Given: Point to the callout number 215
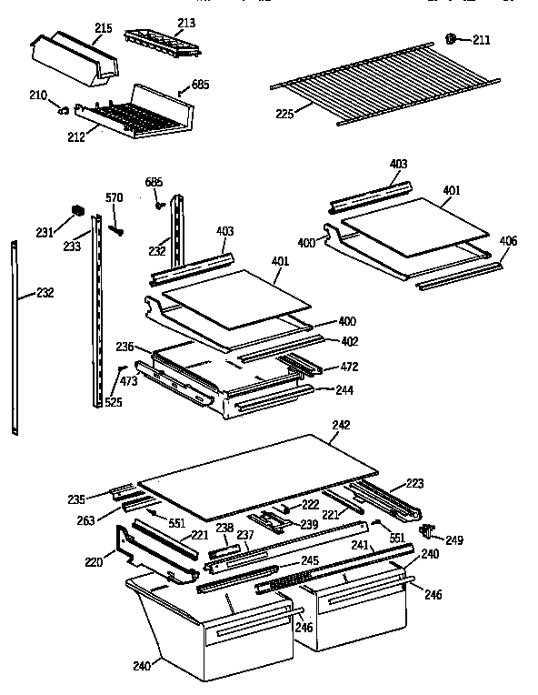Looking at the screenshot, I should tap(103, 29).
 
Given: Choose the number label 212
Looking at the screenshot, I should tap(75, 138).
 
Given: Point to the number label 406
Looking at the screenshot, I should tap(508, 241).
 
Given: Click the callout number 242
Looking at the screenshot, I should tap(341, 425).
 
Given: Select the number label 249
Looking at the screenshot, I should tap(453, 540).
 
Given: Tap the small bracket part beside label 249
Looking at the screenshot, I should tap(425, 529).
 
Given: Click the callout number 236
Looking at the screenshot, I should tap(125, 347).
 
